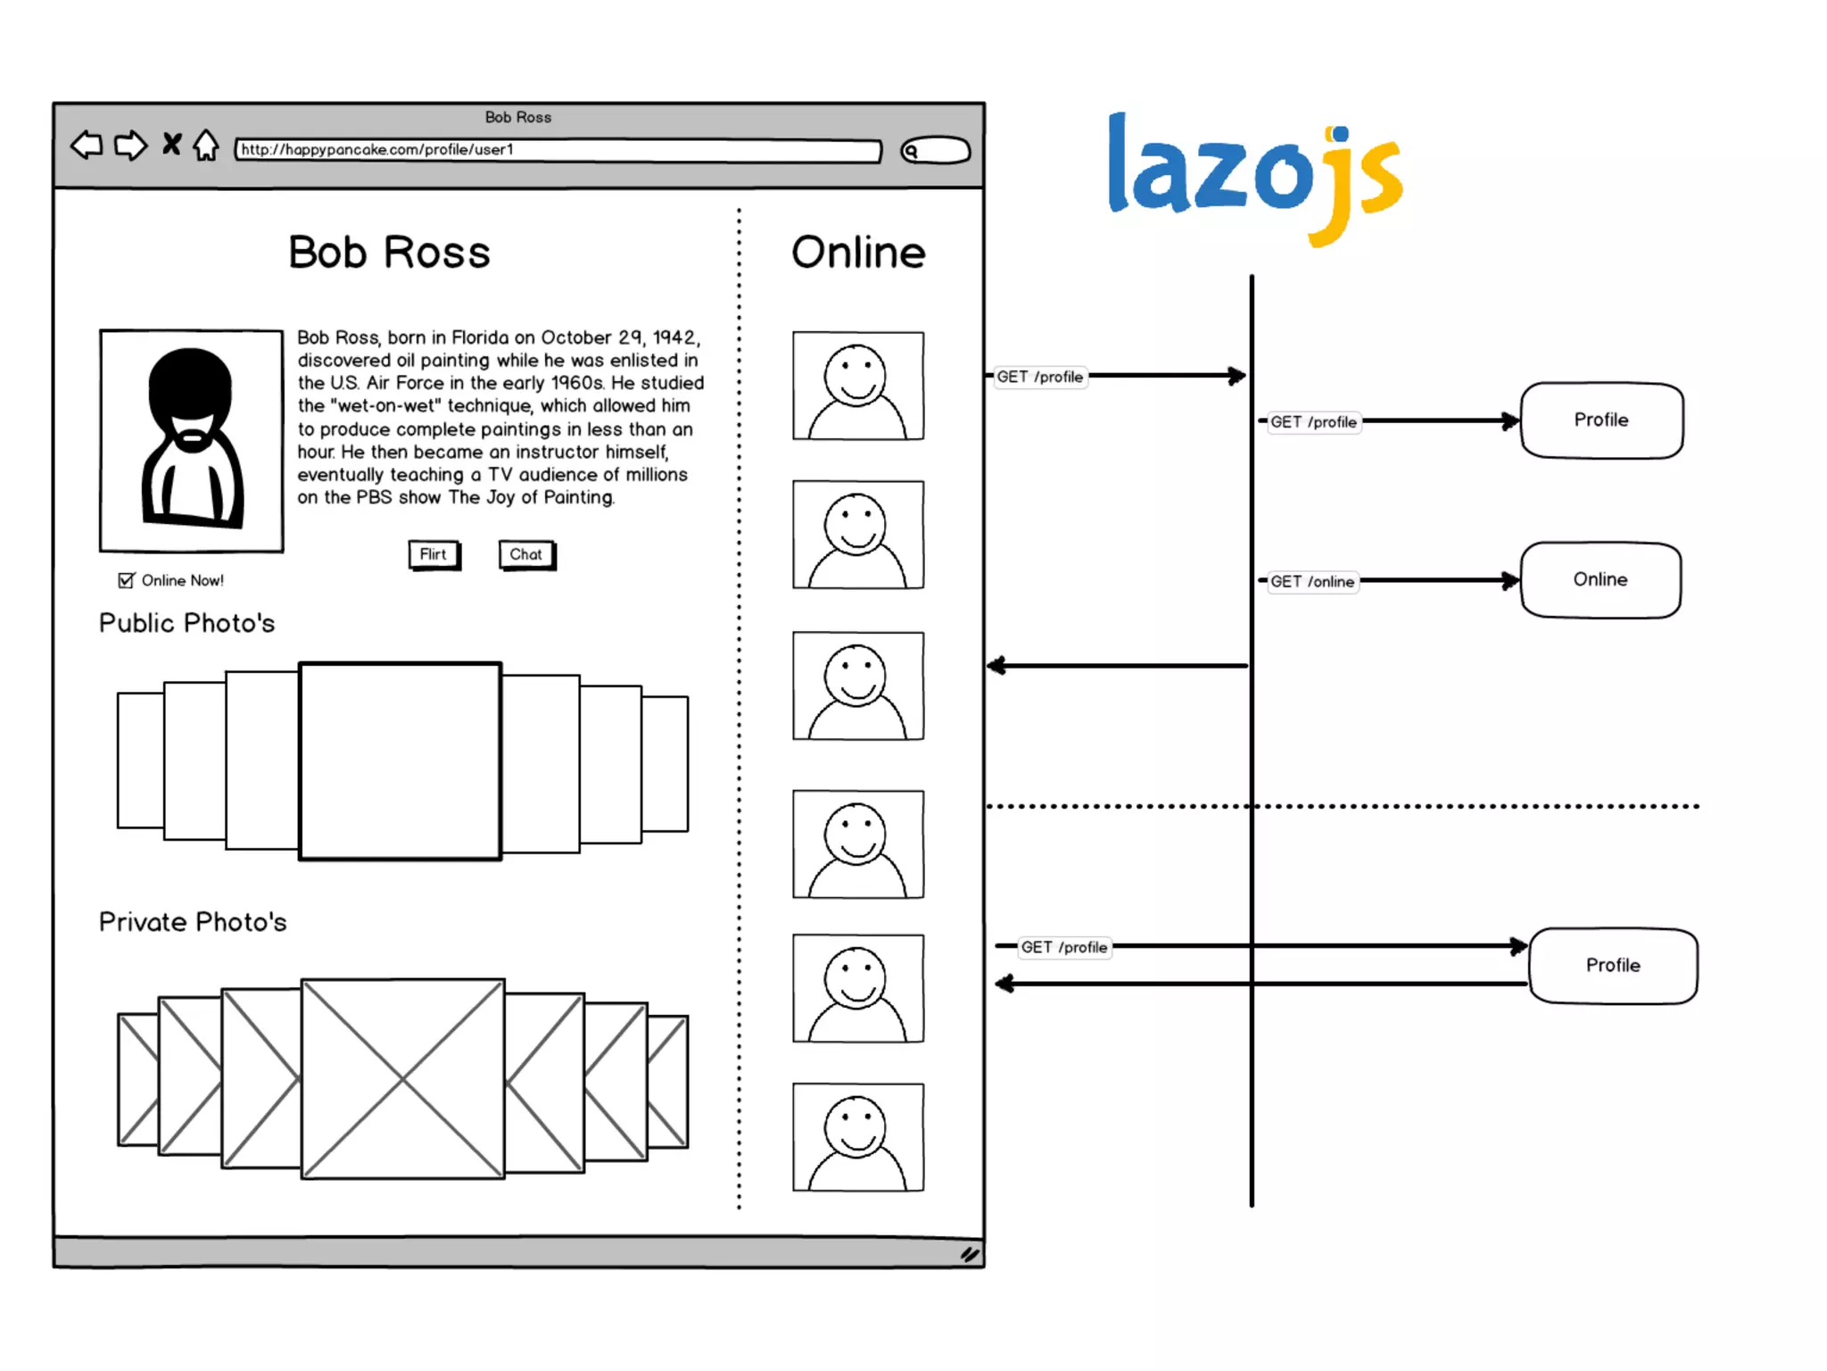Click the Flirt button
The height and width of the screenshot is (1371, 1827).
(x=434, y=554)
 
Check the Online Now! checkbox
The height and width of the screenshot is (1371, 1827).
(x=127, y=580)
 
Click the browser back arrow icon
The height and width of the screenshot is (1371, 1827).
(x=87, y=145)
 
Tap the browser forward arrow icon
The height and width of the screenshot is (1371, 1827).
(x=131, y=145)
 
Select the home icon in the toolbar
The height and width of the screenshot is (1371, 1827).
(x=206, y=145)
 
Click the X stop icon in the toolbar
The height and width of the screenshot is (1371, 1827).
(x=171, y=144)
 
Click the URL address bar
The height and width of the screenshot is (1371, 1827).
(x=558, y=150)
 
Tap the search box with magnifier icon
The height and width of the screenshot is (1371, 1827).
(x=935, y=151)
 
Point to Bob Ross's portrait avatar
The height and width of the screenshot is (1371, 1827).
(x=191, y=441)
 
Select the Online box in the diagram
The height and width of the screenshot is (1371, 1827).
(x=1600, y=580)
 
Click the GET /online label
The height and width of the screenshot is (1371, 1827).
(x=1312, y=582)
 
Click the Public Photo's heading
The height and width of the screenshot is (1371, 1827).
(x=186, y=623)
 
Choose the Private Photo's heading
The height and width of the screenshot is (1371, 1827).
(x=193, y=922)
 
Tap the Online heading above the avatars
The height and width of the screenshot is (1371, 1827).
(x=858, y=253)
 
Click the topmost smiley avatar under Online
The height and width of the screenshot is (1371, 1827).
(x=858, y=386)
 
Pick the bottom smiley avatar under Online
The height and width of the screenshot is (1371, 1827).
(x=858, y=1137)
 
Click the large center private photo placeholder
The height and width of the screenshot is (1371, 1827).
(x=402, y=1079)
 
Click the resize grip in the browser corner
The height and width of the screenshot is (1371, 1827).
(x=970, y=1255)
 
